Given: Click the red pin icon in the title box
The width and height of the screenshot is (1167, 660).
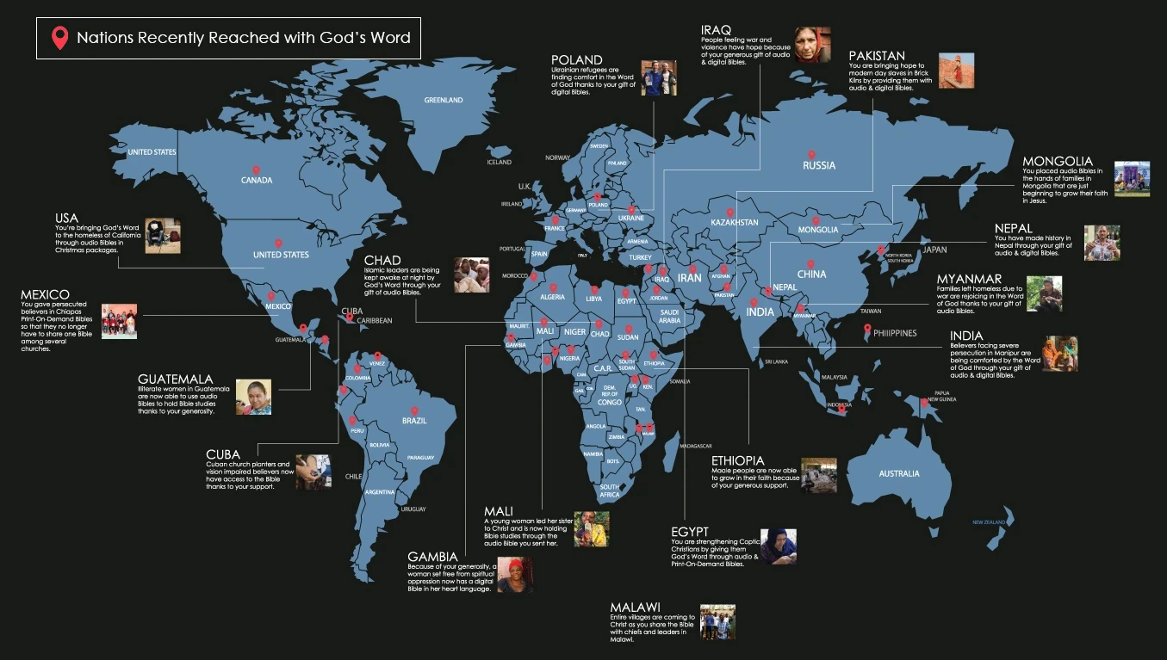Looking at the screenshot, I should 59,38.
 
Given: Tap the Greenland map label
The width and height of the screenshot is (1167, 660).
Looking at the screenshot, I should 444,101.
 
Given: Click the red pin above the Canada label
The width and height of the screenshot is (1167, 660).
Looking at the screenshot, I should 256,170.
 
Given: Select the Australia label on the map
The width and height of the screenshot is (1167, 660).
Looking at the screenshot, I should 898,473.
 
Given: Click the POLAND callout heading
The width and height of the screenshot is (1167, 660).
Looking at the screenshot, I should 577,59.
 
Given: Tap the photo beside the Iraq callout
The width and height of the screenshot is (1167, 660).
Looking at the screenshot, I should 812,44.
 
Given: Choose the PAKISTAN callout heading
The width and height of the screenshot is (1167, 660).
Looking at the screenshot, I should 877,56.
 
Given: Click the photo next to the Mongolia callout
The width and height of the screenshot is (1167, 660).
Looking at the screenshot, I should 1132,178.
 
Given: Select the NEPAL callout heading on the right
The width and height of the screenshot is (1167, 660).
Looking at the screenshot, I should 1013,228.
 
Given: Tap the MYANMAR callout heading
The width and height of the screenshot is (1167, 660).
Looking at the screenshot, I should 969,279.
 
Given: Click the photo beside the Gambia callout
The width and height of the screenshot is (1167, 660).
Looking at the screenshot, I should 515,575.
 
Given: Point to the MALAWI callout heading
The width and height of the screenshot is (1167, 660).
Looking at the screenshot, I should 635,608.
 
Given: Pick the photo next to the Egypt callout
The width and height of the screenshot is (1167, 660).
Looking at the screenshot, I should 778,546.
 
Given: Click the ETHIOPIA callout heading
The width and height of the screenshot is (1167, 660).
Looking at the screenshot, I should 737,461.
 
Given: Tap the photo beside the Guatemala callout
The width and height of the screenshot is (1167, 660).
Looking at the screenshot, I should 253,397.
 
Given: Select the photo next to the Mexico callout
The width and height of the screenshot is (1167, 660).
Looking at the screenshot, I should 119,321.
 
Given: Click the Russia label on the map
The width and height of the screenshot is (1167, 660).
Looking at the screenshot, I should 818,165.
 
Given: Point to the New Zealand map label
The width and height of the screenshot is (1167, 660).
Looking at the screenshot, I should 990,522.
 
